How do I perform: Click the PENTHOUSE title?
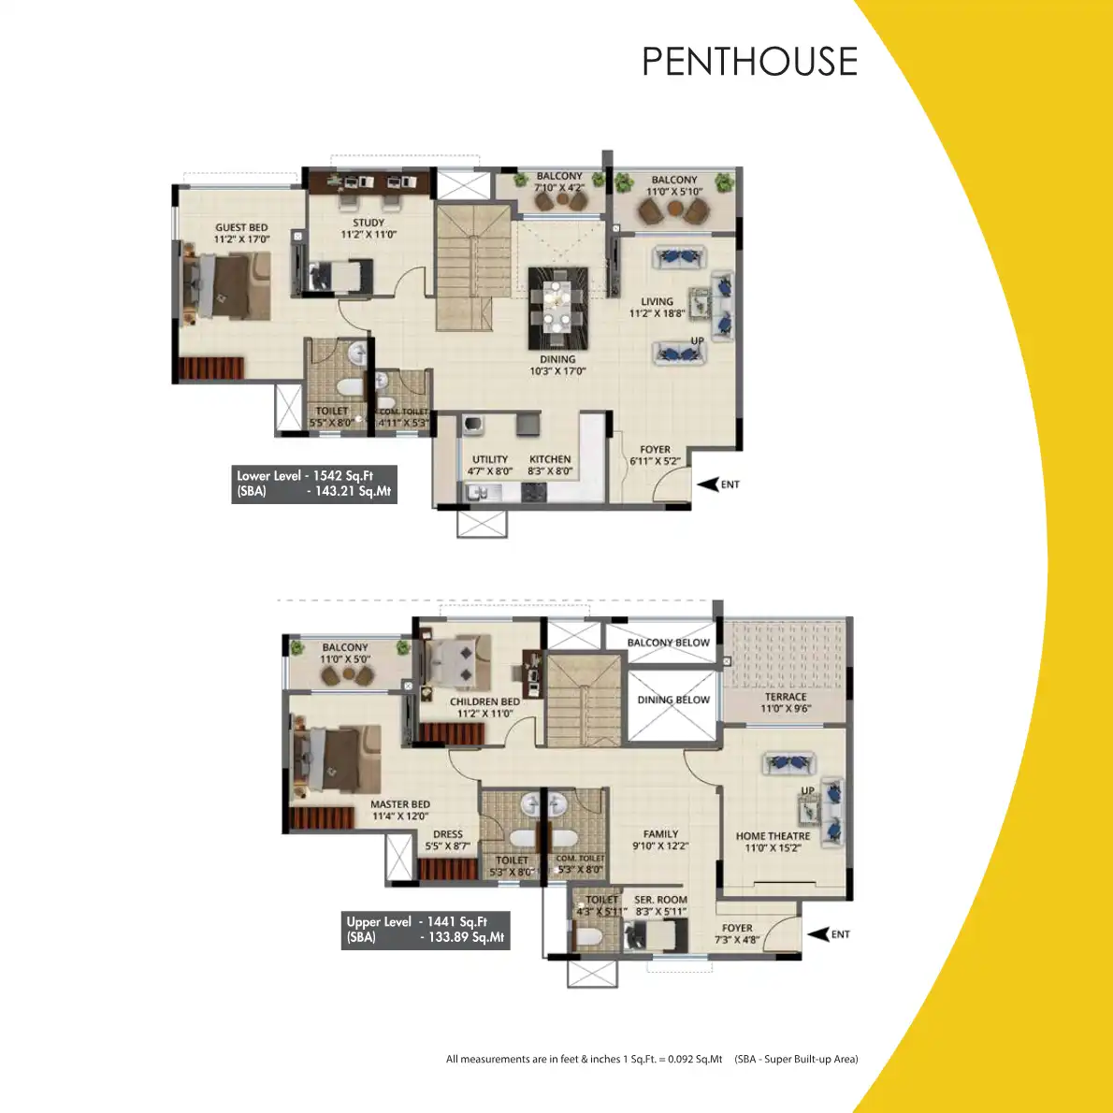click(749, 62)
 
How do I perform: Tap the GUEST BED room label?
click(241, 233)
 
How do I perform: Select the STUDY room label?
click(369, 229)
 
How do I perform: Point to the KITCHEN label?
click(550, 465)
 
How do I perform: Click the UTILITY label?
click(490, 465)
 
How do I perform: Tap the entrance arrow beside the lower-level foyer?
click(707, 484)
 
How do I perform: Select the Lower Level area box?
click(314, 484)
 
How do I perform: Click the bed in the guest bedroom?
click(225, 287)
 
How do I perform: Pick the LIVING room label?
click(657, 308)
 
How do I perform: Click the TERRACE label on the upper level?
click(786, 702)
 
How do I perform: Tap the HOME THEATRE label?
click(773, 842)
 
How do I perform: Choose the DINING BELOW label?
click(673, 700)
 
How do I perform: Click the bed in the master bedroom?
click(333, 761)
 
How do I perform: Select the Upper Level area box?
click(425, 930)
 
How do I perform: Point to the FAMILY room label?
click(660, 839)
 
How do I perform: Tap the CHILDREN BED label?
click(484, 707)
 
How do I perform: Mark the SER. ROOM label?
click(660, 905)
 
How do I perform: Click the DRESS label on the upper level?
click(448, 840)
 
